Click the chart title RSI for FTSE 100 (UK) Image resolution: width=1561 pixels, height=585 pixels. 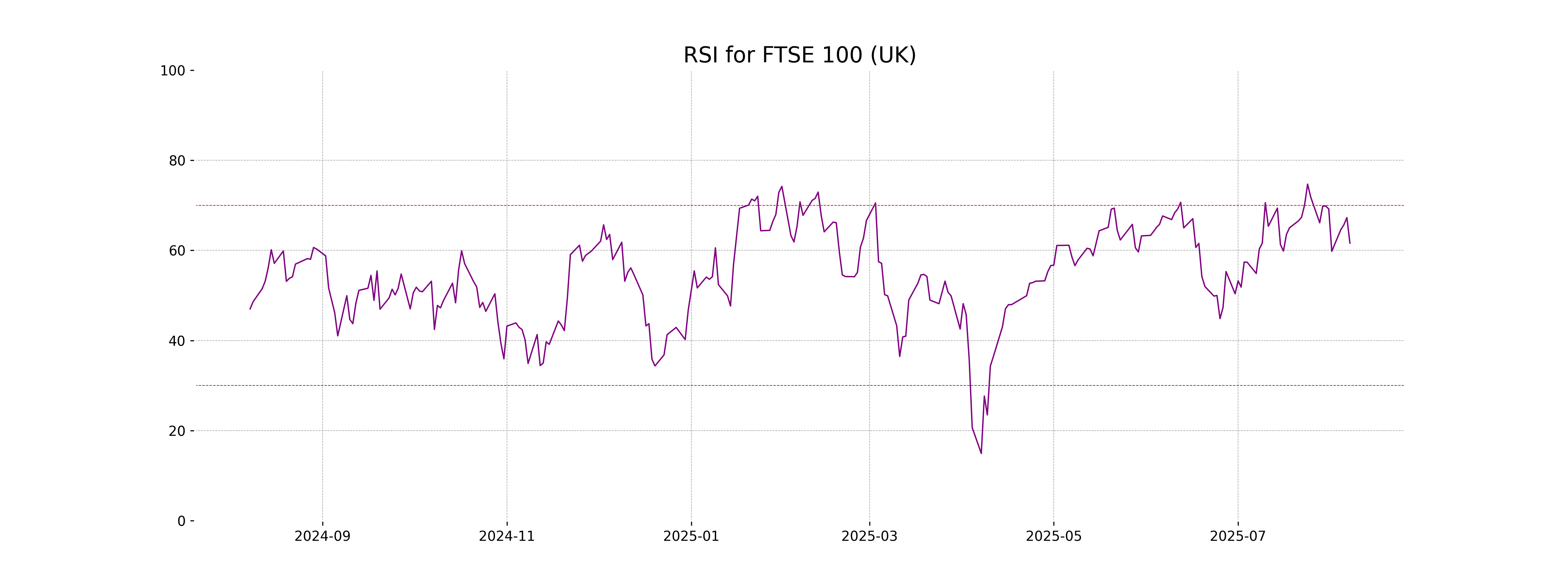coord(799,55)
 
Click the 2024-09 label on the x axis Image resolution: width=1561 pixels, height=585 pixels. coord(322,537)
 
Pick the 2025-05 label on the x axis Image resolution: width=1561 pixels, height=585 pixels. coord(1053,537)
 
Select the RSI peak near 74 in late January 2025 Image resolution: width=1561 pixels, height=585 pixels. coord(782,187)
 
